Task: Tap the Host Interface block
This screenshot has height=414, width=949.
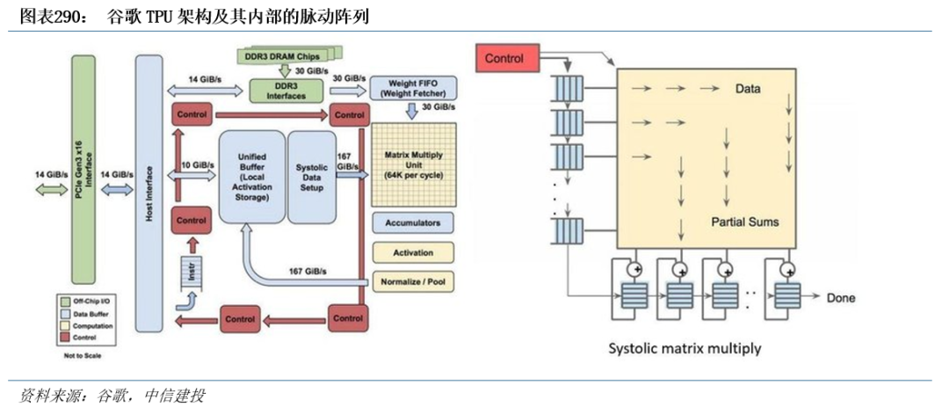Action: pos(149,192)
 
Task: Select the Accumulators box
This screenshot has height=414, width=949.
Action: pos(412,222)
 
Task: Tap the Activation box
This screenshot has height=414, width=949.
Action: pos(412,253)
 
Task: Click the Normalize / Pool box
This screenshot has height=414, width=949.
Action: pos(412,283)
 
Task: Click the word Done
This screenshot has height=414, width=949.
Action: pos(841,298)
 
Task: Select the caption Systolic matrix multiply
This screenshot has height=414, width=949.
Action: pos(685,348)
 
